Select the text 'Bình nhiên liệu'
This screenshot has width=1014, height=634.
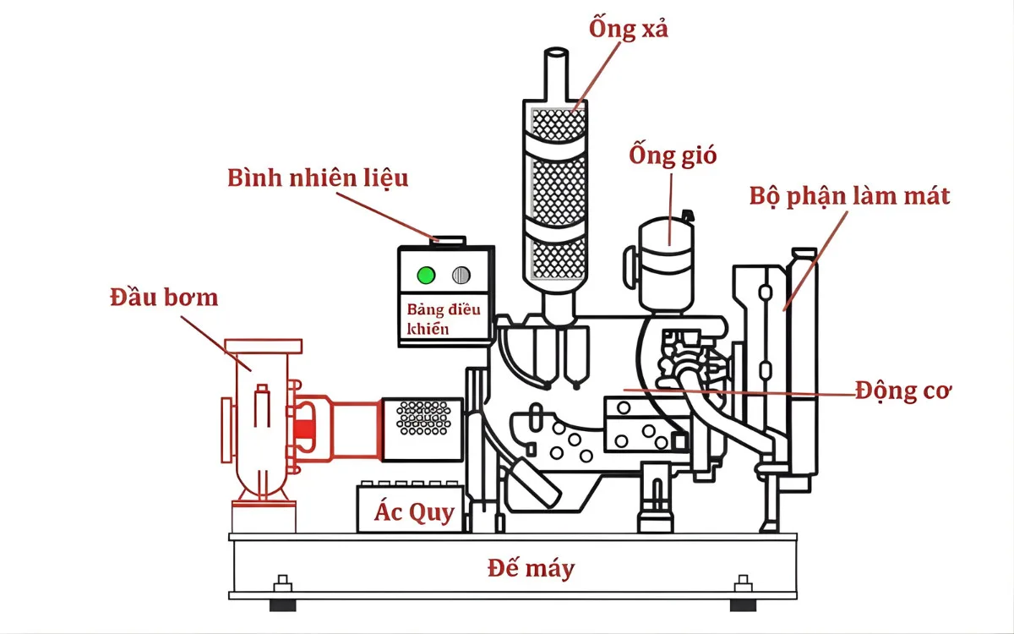tap(318, 178)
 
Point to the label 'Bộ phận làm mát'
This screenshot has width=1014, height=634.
tap(849, 196)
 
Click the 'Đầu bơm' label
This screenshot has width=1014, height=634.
tap(163, 298)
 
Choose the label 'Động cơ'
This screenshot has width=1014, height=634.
tap(902, 391)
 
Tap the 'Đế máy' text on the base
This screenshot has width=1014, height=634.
tap(531, 568)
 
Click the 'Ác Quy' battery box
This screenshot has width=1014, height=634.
tap(414, 511)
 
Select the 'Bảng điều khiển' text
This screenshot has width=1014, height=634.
tap(443, 319)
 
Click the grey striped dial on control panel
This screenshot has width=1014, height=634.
tap(461, 275)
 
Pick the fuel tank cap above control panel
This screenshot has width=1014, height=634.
tap(448, 241)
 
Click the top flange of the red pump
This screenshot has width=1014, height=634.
tap(263, 347)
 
